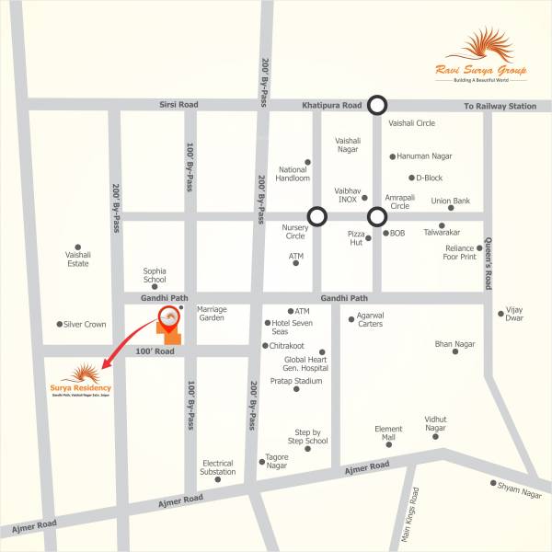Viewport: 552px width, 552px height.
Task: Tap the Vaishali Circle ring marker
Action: pos(376,106)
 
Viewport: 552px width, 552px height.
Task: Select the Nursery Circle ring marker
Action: pos(317,216)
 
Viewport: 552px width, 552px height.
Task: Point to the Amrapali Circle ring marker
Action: pos(376,217)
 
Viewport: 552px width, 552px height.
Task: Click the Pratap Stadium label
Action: pos(296,381)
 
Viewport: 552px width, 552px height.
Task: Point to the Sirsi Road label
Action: pos(178,106)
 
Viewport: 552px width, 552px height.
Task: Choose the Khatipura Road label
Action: pos(333,107)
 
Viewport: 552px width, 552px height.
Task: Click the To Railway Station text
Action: pos(500,107)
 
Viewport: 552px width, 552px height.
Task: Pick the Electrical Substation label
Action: pos(218,467)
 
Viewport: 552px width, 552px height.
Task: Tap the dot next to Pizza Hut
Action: pos(374,234)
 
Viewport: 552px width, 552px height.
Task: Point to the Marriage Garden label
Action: pos(212,314)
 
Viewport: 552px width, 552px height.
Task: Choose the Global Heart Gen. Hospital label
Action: pos(305,363)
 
